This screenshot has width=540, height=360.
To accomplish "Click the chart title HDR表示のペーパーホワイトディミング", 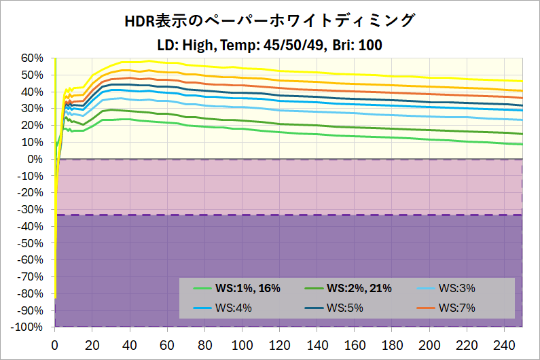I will click(x=270, y=21).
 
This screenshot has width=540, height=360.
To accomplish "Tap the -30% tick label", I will click(x=30, y=209).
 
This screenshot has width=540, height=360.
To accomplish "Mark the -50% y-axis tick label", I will click(x=30, y=243).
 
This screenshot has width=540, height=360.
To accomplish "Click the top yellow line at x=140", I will click(x=317, y=72).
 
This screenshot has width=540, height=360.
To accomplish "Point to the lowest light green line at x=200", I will click(x=429, y=139).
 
